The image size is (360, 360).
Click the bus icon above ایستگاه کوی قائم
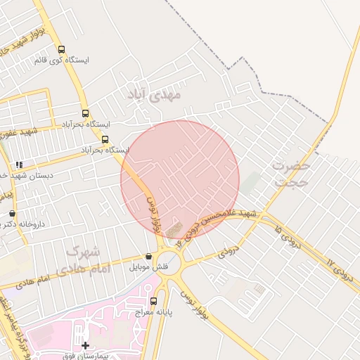(61, 50)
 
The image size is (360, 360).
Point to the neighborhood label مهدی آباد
(155, 92)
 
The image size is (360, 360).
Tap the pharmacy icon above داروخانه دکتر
(12, 213)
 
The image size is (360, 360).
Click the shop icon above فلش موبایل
(148, 257)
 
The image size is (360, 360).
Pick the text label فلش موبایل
(148, 267)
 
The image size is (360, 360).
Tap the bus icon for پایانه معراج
(154, 301)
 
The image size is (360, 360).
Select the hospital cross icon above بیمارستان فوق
(86, 345)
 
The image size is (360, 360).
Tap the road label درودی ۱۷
(337, 267)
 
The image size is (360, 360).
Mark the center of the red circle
(180, 180)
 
